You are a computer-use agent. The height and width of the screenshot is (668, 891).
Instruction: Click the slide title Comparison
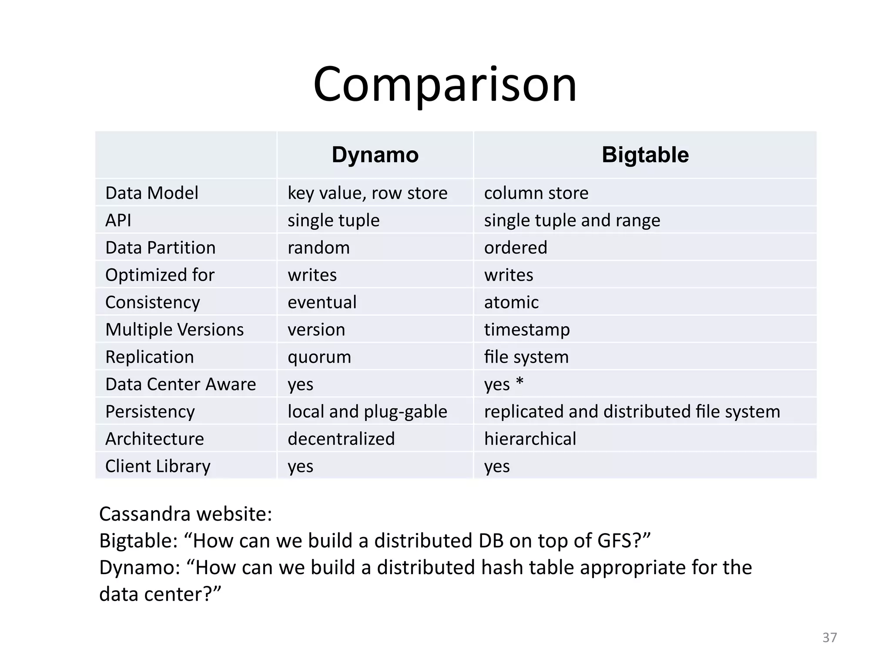(x=445, y=85)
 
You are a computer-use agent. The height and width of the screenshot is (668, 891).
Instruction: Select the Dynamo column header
(x=375, y=155)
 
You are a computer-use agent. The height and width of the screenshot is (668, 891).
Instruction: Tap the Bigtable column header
(x=645, y=155)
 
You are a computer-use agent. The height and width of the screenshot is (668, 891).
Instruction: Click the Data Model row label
(x=152, y=193)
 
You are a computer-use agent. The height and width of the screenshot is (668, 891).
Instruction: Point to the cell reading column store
(x=536, y=193)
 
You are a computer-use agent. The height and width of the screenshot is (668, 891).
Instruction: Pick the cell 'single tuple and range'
(x=572, y=220)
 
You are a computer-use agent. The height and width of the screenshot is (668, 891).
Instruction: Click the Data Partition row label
(x=161, y=248)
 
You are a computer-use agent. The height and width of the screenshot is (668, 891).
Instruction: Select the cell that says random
(x=318, y=248)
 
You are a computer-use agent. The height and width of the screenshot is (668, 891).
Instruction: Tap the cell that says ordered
(x=516, y=248)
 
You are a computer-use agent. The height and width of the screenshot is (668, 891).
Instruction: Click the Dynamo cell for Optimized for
(x=312, y=275)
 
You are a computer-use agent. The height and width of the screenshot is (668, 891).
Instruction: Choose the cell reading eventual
(x=322, y=302)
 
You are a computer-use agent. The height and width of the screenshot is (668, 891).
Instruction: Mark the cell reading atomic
(x=511, y=302)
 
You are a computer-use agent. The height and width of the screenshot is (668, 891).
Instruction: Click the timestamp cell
(x=527, y=330)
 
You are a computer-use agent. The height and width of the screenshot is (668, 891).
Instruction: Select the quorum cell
(x=319, y=357)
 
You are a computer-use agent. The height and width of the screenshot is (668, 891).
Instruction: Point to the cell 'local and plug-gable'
(x=367, y=411)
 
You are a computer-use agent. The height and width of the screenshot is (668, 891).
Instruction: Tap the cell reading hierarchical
(x=530, y=439)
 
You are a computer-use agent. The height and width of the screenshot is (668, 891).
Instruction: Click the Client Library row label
(x=158, y=466)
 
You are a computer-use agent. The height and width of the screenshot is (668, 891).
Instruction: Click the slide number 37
(x=829, y=638)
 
